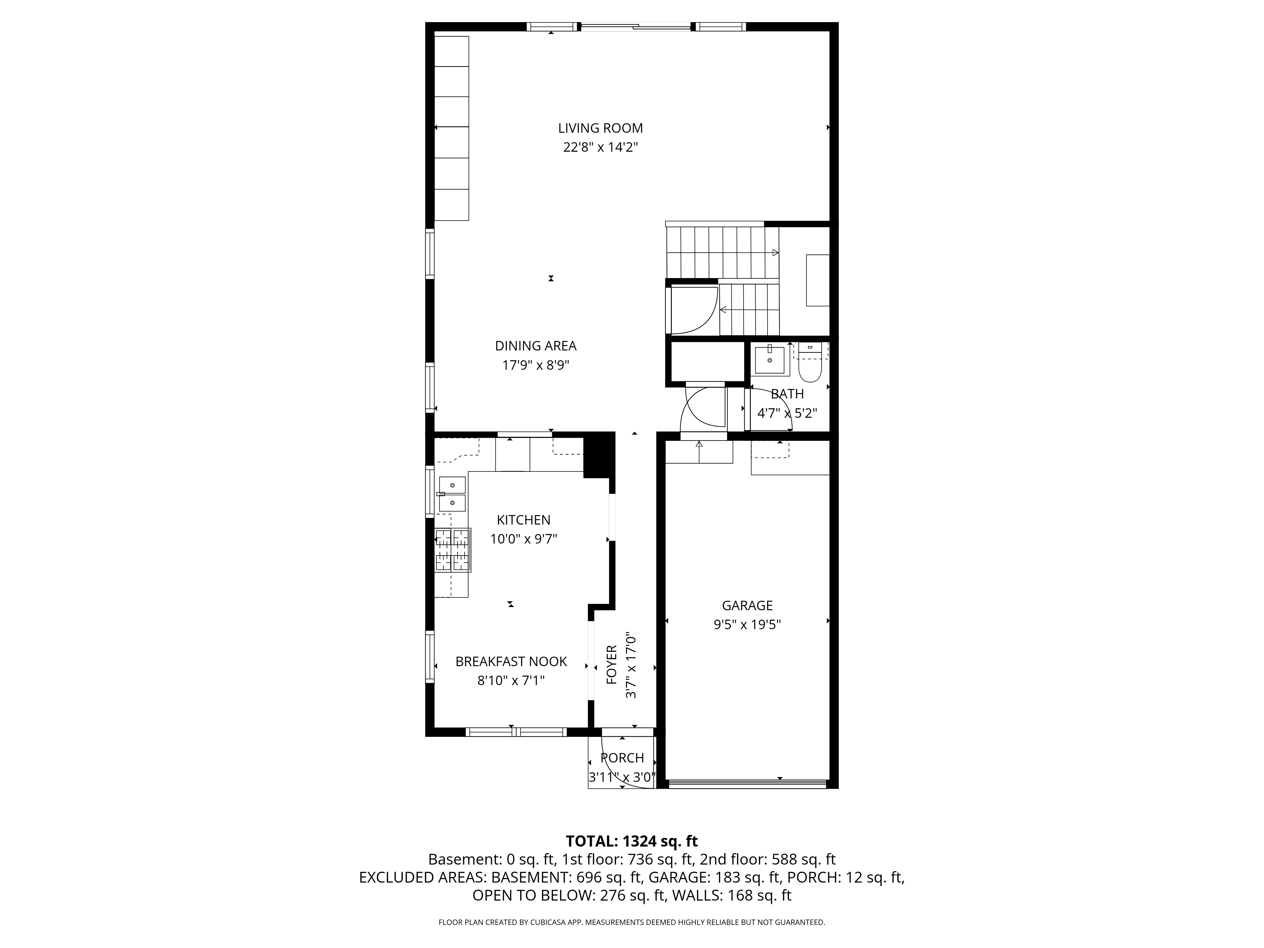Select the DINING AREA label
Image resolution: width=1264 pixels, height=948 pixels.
[535, 346]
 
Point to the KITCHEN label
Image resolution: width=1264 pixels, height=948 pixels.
[523, 520]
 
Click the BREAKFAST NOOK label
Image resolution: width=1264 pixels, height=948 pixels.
[511, 662]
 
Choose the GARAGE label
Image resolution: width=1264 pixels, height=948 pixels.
[747, 606]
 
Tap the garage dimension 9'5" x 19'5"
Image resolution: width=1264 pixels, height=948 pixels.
[747, 624]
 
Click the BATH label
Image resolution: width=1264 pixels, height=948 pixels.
[787, 394]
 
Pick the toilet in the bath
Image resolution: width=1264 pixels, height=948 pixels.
[809, 362]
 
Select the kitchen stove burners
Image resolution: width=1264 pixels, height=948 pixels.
[453, 550]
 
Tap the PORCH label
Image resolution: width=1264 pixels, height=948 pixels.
[622, 758]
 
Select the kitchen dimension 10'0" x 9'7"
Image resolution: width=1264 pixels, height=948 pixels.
[523, 539]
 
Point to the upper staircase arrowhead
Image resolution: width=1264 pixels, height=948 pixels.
[775, 252]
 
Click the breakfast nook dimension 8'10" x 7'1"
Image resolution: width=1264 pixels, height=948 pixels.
[511, 681]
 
